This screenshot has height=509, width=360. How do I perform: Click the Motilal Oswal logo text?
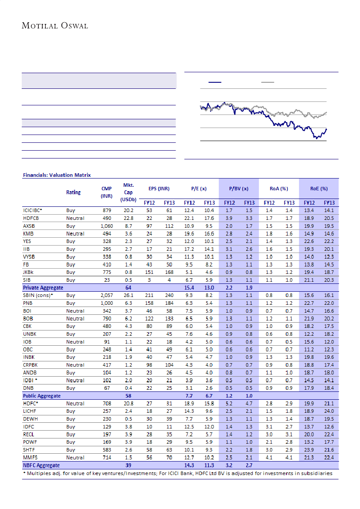[55, 26]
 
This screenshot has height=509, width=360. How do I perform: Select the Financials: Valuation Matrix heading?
[57, 175]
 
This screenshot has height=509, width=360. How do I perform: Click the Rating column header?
[73, 192]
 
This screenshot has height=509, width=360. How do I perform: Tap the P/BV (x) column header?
[238, 189]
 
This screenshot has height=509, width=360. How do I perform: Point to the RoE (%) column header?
[319, 189]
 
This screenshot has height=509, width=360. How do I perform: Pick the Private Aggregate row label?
[43, 288]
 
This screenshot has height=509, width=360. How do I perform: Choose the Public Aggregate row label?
[42, 396]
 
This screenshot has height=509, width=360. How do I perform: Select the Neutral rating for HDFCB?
[75, 218]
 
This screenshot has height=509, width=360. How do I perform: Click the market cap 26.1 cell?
[128, 296]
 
